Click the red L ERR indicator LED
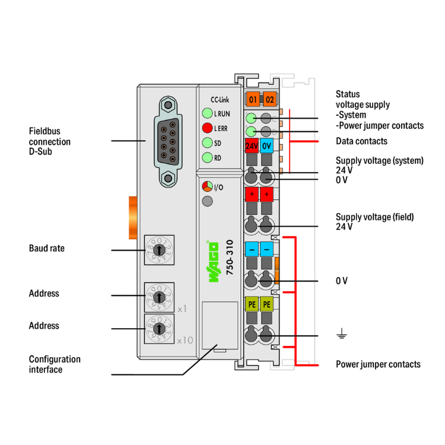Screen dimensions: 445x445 206,128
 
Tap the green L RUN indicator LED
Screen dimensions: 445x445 206,113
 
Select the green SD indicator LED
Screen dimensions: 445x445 206,142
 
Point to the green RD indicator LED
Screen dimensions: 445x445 206,157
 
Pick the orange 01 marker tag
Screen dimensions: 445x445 253,98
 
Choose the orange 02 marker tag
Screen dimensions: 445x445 269,98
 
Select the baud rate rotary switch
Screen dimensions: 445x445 158,250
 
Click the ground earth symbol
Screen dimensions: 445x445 341,336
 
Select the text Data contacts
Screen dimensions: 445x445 361,141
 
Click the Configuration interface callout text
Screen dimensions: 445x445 55,364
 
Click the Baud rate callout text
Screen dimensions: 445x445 47,248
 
